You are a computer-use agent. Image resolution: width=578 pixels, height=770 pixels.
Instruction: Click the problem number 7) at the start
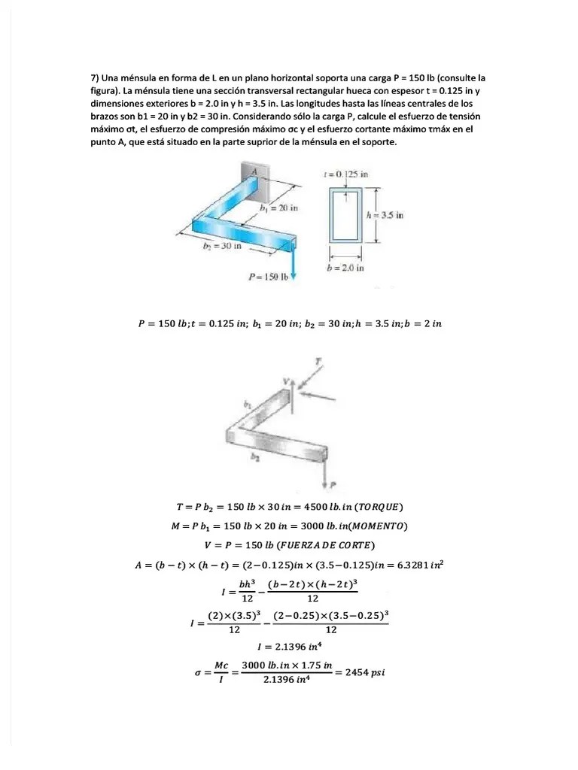tap(96, 77)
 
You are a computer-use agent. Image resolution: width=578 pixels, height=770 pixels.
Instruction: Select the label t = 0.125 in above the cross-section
tap(345, 174)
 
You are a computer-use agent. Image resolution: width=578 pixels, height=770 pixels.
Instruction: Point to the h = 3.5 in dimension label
tap(385, 214)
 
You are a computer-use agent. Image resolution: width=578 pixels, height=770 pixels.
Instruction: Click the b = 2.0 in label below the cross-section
tap(345, 266)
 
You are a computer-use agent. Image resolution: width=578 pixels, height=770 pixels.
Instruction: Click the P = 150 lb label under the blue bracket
tap(269, 277)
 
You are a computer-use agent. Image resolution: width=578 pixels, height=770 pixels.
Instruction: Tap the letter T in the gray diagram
tap(318, 362)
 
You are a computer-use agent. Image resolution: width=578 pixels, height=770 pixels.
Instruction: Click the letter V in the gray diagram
tap(286, 381)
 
